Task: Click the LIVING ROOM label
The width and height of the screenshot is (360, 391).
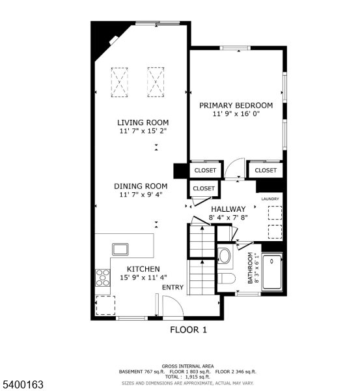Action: point(143,122)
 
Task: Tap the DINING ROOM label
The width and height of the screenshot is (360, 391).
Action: point(141,186)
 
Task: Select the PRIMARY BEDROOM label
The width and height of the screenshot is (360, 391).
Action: point(236,105)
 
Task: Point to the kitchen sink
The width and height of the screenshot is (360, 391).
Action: point(121,248)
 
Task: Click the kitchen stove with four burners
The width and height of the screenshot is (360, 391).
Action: point(103,278)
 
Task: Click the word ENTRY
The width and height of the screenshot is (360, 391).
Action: point(173,287)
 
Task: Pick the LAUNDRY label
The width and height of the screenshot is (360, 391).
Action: point(270,198)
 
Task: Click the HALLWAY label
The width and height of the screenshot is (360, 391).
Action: point(228,209)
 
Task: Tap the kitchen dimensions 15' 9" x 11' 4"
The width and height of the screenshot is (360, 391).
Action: point(143,277)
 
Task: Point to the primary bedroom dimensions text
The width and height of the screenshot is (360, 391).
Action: point(236,114)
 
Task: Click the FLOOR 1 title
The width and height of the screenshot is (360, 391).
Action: point(188,330)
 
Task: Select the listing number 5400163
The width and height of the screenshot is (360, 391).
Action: point(23,385)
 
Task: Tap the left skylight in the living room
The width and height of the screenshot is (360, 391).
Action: point(119,82)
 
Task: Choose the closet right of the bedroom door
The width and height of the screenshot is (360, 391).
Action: point(265,170)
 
